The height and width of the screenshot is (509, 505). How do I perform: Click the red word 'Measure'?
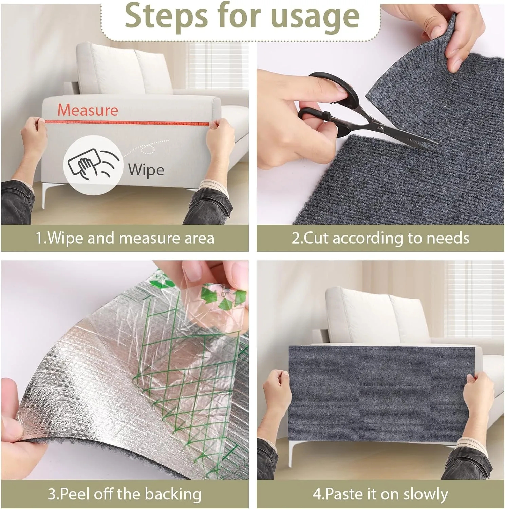(88, 110)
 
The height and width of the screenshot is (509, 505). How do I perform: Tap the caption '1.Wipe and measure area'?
(125, 238)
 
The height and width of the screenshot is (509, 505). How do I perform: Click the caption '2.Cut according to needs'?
(380, 238)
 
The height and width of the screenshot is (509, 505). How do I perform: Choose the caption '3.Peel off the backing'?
(124, 494)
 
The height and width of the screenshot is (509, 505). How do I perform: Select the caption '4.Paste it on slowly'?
(380, 494)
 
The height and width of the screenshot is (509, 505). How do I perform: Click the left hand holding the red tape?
(34, 136)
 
